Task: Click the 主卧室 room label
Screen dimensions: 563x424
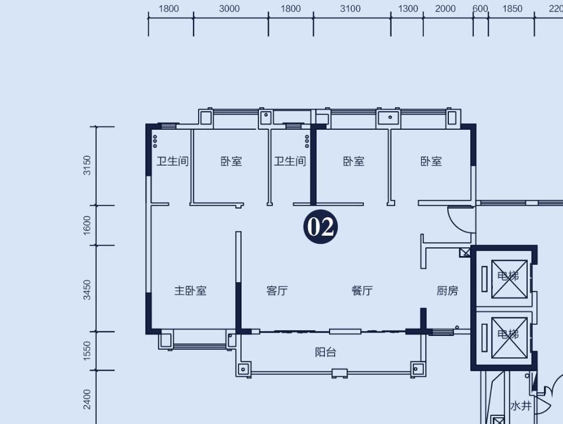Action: click(x=191, y=290)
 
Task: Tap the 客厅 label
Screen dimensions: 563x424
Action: click(x=277, y=290)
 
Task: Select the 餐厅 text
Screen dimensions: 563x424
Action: click(x=362, y=290)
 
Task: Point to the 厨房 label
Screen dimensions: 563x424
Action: click(x=447, y=290)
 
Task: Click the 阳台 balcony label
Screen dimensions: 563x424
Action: click(x=326, y=352)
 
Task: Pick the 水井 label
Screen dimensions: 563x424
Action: click(x=521, y=405)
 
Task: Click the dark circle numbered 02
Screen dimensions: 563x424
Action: click(x=321, y=226)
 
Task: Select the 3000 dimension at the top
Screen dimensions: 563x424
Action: click(x=229, y=8)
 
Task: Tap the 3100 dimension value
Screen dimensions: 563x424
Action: click(x=350, y=8)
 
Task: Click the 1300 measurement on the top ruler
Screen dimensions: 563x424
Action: click(x=408, y=8)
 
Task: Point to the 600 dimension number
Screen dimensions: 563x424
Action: click(x=480, y=8)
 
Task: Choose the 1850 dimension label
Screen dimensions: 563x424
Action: click(x=512, y=8)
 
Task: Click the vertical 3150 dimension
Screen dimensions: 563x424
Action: click(x=87, y=165)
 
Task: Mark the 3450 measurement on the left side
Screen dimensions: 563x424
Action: click(x=87, y=290)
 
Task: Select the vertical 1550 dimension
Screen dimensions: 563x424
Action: click(x=87, y=351)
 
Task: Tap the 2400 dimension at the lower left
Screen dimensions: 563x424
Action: click(x=87, y=399)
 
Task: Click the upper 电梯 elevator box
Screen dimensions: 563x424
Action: click(x=509, y=279)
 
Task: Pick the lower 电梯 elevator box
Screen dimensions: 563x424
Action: click(x=509, y=338)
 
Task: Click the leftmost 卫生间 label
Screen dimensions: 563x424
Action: click(x=173, y=161)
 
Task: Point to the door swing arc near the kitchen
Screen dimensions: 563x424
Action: click(x=454, y=224)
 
